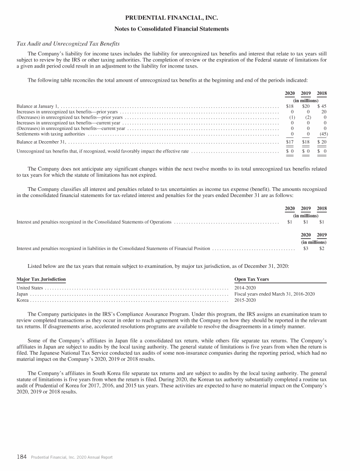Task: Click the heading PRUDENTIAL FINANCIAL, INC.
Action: [x=180, y=18]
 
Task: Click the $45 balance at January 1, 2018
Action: [x=322, y=106]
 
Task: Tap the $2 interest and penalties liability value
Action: [x=322, y=248]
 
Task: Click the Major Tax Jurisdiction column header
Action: [x=41, y=279]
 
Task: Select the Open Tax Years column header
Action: [x=251, y=279]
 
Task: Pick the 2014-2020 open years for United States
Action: [x=245, y=287]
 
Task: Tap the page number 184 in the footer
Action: [x=22, y=456]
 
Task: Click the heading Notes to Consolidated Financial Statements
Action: [x=180, y=29]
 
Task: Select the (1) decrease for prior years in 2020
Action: [x=291, y=117]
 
